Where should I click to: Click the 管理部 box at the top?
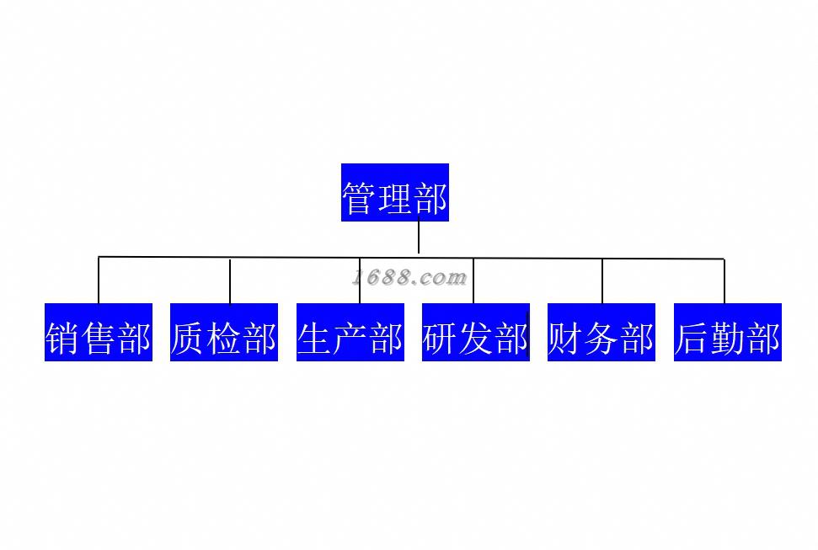(394, 193)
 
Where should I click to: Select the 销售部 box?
(99, 333)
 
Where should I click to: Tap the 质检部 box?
(224, 333)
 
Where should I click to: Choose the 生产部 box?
(350, 333)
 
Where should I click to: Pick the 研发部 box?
(476, 333)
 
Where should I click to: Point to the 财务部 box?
(601, 333)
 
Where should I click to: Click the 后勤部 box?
(728, 333)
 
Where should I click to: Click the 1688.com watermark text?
(409, 277)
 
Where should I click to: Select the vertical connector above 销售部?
(99, 280)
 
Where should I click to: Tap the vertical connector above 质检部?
(230, 281)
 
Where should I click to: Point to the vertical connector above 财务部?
(602, 281)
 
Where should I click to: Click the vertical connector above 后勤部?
(724, 281)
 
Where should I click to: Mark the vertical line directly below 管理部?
(419, 238)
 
